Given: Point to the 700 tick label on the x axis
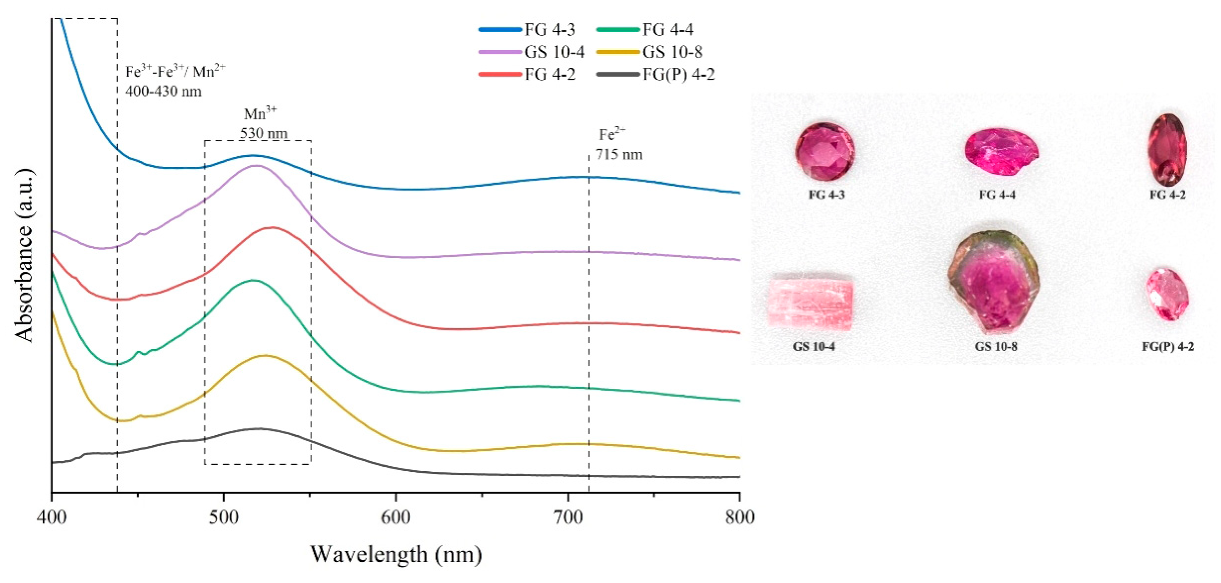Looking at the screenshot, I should (567, 517).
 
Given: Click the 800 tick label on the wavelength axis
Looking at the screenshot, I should (739, 517).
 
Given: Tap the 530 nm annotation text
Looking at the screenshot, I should (263, 134).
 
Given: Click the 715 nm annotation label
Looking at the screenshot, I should (619, 155).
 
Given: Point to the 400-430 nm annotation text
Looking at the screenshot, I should (164, 91).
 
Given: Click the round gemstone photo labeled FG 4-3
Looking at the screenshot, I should (825, 152).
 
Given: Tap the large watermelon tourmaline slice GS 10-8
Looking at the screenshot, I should (994, 284).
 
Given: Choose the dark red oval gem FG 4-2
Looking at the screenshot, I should (1167, 149).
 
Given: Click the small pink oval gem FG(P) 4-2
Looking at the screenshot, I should (1167, 294).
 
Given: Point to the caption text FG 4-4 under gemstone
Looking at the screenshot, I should (997, 195).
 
